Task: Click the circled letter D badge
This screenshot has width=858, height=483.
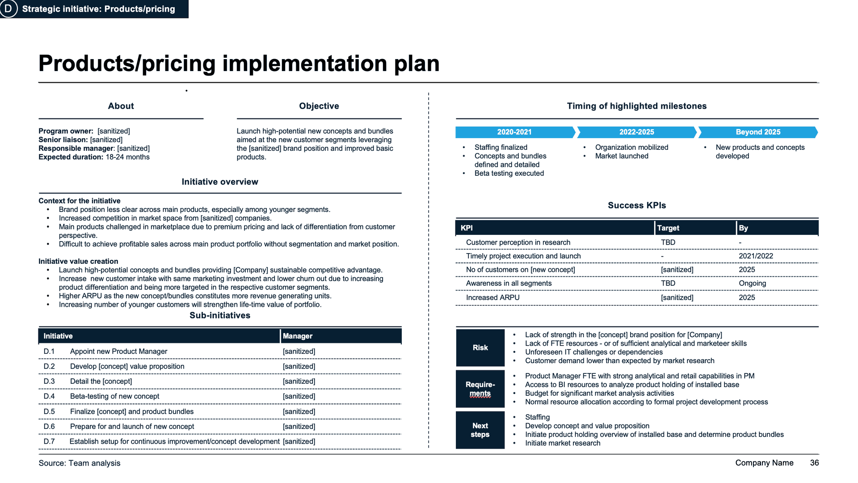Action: pyautogui.click(x=8, y=8)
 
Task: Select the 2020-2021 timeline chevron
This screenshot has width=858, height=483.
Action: pyautogui.click(x=514, y=132)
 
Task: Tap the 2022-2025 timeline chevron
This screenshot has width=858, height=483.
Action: pyautogui.click(x=636, y=132)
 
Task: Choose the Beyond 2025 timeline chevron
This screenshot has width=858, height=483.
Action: pyautogui.click(x=758, y=132)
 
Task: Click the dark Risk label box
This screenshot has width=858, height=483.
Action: pyautogui.click(x=480, y=347)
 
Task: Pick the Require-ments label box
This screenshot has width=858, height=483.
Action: pyautogui.click(x=480, y=389)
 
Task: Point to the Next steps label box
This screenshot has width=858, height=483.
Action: pyautogui.click(x=480, y=430)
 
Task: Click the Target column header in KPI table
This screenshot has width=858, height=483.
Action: pyautogui.click(x=668, y=228)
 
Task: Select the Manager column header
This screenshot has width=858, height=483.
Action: pyautogui.click(x=298, y=336)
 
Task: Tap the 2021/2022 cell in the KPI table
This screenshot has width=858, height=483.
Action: pyautogui.click(x=756, y=256)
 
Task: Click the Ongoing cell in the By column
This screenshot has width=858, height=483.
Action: pyautogui.click(x=752, y=283)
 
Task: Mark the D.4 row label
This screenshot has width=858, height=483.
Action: pyautogui.click(x=49, y=396)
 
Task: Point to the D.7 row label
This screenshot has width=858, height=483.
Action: pyautogui.click(x=49, y=441)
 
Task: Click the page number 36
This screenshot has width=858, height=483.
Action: pyautogui.click(x=814, y=463)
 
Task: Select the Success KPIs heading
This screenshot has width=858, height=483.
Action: pyautogui.click(x=637, y=205)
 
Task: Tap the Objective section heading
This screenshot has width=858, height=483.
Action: pyautogui.click(x=319, y=106)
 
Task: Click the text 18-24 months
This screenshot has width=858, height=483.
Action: pyautogui.click(x=127, y=157)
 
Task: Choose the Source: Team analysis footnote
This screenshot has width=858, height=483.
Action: pyautogui.click(x=80, y=463)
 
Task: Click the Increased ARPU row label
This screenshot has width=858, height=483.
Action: pyautogui.click(x=492, y=297)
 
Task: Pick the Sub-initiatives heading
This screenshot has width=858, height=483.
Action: pyautogui.click(x=220, y=315)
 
